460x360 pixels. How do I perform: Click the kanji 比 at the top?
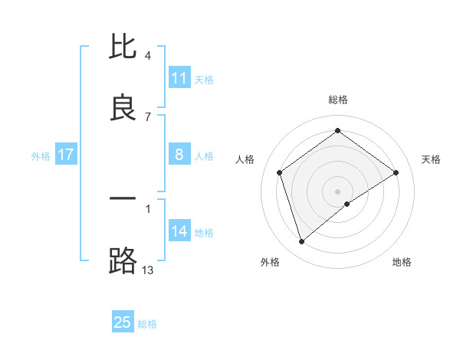click(x=123, y=47)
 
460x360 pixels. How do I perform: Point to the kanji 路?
click(x=123, y=260)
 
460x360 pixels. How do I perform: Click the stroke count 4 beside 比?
click(x=148, y=56)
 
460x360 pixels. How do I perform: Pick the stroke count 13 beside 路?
click(x=148, y=270)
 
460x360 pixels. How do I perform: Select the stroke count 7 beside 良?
click(x=148, y=116)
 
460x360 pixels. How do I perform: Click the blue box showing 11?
click(x=179, y=78)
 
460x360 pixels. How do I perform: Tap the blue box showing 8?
click(x=179, y=155)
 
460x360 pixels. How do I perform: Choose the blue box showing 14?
click(x=179, y=231)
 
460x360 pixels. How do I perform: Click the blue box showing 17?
click(x=66, y=155)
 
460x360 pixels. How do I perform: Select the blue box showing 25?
click(x=123, y=322)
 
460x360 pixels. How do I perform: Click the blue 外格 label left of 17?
click(x=41, y=156)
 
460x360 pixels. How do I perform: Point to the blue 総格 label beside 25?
click(x=147, y=324)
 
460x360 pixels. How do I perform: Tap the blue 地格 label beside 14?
click(x=204, y=233)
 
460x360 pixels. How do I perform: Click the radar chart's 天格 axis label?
click(x=431, y=159)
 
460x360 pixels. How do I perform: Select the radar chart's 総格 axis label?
click(x=338, y=100)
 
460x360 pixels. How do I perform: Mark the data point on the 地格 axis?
click(x=347, y=204)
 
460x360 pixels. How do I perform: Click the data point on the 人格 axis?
click(x=280, y=172)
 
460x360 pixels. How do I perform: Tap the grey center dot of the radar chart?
click(x=338, y=191)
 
